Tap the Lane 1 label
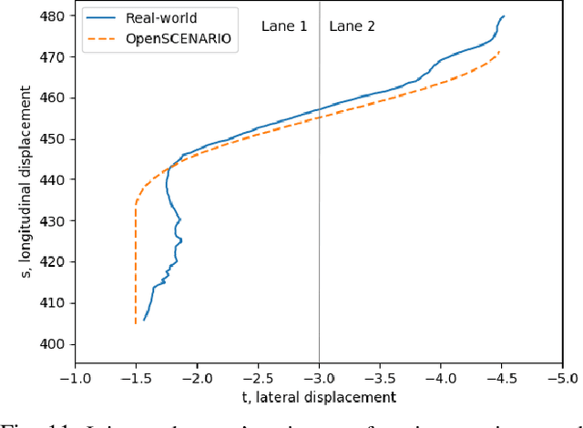[284, 26]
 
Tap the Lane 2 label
[352, 26]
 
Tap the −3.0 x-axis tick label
[319, 376]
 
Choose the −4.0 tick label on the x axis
[441, 376]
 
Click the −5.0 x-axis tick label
[562, 376]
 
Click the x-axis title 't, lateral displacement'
[319, 397]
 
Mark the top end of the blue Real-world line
[504, 16]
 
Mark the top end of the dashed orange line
[499, 52]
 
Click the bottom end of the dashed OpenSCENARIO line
[136, 323]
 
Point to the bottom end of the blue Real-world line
[144, 320]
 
